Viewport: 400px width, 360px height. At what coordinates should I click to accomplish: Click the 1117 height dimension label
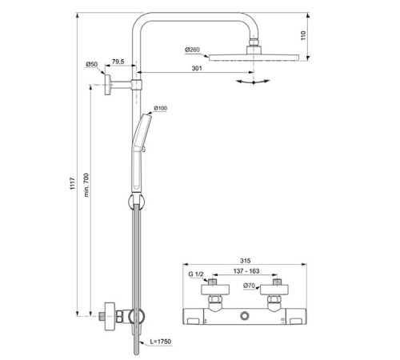click(x=73, y=183)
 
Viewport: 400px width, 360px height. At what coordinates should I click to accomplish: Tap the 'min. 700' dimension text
click(x=86, y=185)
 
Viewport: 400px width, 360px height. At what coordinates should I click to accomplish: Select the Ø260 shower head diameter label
click(x=192, y=50)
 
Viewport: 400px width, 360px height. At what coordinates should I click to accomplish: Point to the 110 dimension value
click(x=303, y=35)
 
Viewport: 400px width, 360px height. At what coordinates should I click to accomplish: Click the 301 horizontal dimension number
click(x=197, y=68)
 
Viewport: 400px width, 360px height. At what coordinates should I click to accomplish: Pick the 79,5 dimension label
click(x=118, y=62)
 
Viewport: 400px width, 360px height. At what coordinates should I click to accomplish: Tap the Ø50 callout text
click(x=91, y=64)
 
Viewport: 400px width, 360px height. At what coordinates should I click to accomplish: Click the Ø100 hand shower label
click(x=161, y=108)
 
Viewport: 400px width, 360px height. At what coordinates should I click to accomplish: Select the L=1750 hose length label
click(x=160, y=342)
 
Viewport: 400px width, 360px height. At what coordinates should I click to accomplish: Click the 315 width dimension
click(x=246, y=261)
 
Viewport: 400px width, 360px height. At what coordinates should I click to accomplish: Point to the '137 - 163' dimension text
click(x=246, y=271)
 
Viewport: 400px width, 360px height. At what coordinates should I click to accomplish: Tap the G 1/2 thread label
click(x=196, y=274)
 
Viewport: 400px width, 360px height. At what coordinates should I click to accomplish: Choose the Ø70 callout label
click(x=249, y=286)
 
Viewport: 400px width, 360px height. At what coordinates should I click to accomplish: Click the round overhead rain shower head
click(x=254, y=58)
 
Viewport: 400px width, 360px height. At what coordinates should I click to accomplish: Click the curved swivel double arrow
click(x=253, y=82)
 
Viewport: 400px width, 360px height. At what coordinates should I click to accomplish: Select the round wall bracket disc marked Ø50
click(x=108, y=85)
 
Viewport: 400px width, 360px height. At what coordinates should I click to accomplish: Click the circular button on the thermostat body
click(x=244, y=316)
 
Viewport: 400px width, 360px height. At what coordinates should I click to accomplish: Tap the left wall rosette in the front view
click(x=215, y=290)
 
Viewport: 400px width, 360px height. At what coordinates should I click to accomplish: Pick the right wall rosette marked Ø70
click(x=274, y=290)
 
